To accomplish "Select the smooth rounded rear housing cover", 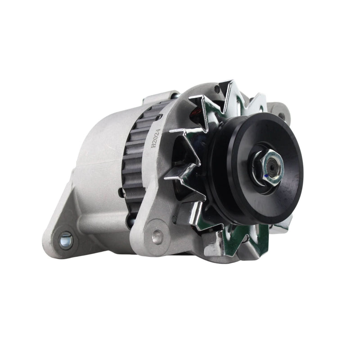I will pyautogui.click(x=99, y=148).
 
